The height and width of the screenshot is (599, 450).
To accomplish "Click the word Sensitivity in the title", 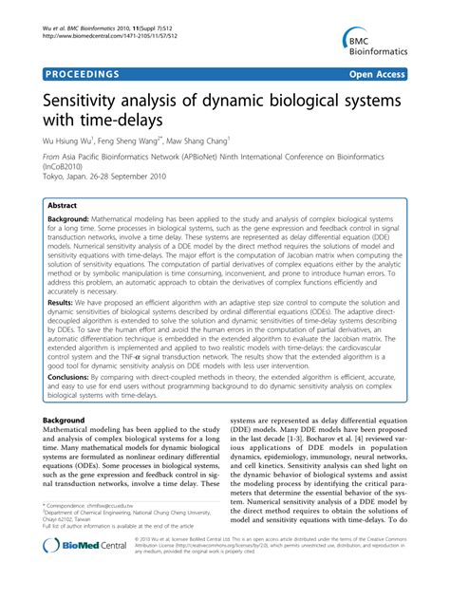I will [x=79, y=100].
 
